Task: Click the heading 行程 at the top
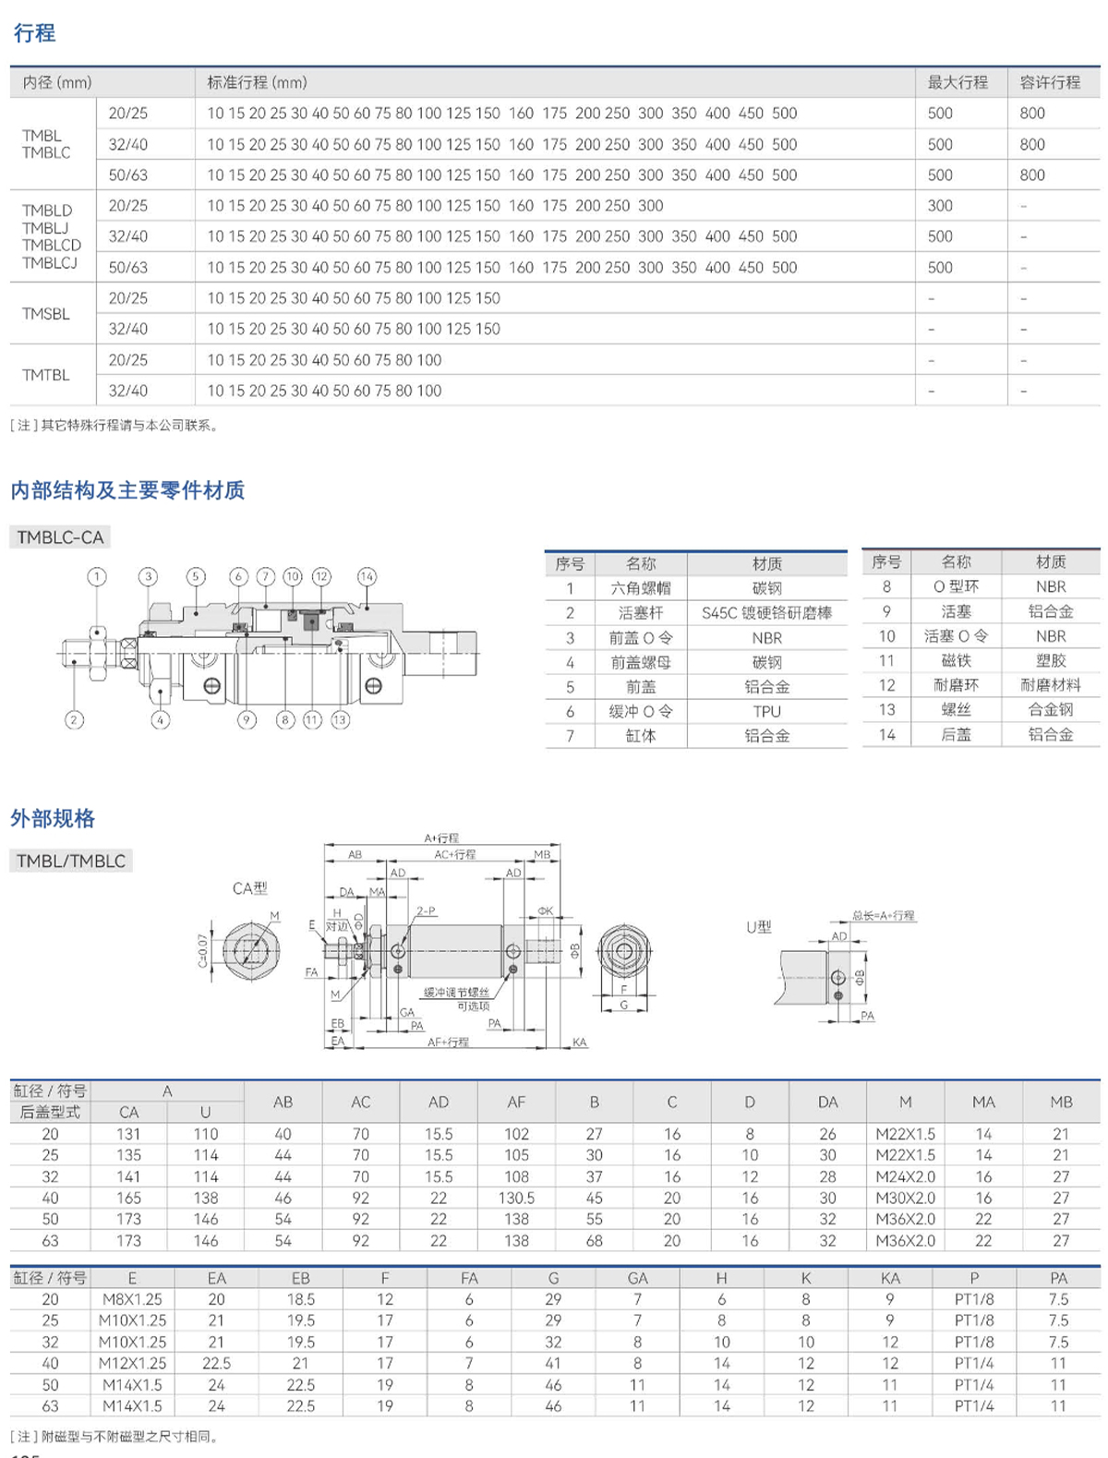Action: (x=34, y=33)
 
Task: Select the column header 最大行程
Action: (x=957, y=82)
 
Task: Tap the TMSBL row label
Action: (x=46, y=314)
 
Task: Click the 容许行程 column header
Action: (x=1050, y=82)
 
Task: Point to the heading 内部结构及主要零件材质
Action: (x=127, y=490)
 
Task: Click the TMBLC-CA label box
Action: (x=60, y=537)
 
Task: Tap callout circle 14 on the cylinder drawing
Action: (x=367, y=576)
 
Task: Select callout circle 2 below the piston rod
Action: (x=75, y=719)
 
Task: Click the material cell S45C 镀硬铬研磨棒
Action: (x=766, y=612)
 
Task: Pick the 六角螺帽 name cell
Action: (x=640, y=588)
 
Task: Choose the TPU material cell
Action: (x=766, y=711)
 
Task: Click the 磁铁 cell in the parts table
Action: (x=956, y=660)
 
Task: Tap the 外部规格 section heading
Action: (x=53, y=818)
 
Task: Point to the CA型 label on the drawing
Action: (x=249, y=887)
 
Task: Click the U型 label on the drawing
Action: (x=758, y=926)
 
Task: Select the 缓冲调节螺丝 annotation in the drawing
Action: (x=456, y=992)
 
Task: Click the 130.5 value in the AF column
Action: (x=516, y=1198)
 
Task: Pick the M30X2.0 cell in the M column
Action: (x=905, y=1198)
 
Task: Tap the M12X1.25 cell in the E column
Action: (x=132, y=1363)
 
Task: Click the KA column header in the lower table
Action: (x=889, y=1278)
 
